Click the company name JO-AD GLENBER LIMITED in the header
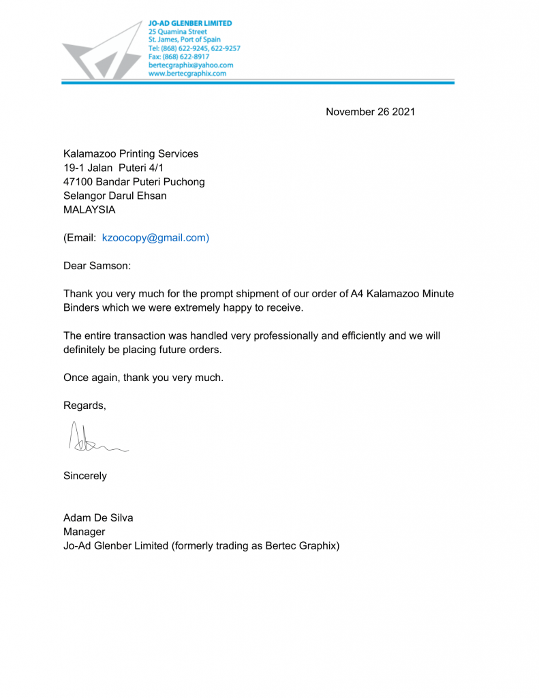[x=190, y=23]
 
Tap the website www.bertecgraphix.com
[x=187, y=74]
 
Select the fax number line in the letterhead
[x=179, y=57]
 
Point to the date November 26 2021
[x=370, y=112]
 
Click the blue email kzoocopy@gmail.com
[x=155, y=238]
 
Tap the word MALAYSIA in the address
[x=89, y=210]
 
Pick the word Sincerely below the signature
[x=85, y=476]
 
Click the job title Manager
[x=84, y=532]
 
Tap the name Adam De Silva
[x=98, y=517]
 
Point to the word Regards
[x=84, y=406]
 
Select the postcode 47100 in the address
[x=78, y=182]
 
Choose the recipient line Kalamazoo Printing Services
[x=131, y=154]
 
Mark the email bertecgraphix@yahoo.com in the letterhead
[x=191, y=65]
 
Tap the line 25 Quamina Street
[x=178, y=31]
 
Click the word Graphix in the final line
[x=318, y=545]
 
